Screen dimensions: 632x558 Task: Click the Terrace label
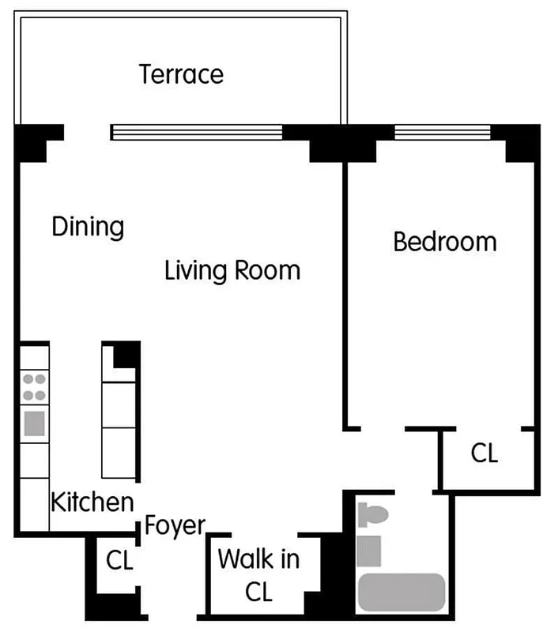[x=181, y=74]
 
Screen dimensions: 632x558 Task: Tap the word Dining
[x=88, y=228]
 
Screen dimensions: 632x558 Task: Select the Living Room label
[x=232, y=270]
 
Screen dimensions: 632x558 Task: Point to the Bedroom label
[x=445, y=241]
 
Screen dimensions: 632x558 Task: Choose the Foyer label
[x=175, y=525]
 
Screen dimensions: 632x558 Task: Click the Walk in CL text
[x=258, y=575]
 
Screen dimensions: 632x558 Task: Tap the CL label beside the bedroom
[x=484, y=453]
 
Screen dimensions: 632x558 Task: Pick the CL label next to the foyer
[x=119, y=560]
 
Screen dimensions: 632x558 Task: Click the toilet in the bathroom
[x=372, y=516]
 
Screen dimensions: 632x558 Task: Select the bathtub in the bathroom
[x=402, y=592]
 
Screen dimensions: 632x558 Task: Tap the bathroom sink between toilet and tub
[x=369, y=551]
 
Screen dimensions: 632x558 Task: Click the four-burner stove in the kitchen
[x=34, y=387]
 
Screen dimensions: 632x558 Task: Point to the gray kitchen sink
[x=34, y=424]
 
